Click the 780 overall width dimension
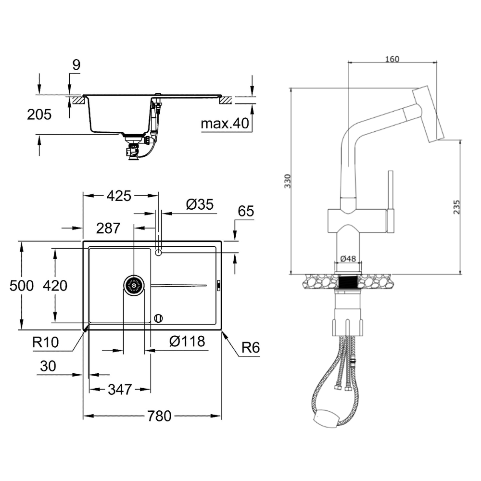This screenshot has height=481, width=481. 159,416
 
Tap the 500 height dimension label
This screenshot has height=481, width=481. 22,286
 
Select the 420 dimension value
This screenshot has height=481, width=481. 55,286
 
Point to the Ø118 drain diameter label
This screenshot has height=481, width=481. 187,341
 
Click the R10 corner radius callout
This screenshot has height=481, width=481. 45,342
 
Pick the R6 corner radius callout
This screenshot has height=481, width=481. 251,348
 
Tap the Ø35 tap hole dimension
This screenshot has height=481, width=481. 200,204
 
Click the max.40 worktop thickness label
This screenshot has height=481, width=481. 225,123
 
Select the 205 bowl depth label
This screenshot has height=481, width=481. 39,115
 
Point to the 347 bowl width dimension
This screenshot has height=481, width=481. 120,390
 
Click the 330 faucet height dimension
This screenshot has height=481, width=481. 288,181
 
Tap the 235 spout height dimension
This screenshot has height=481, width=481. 457,207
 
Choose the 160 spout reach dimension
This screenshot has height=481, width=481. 392,59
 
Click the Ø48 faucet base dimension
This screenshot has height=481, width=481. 348,259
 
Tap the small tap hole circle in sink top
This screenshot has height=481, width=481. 158,253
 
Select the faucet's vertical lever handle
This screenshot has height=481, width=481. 391,202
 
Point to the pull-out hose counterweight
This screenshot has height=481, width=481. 327,418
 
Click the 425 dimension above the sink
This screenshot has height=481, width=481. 119,196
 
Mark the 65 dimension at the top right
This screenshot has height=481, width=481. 246,211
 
